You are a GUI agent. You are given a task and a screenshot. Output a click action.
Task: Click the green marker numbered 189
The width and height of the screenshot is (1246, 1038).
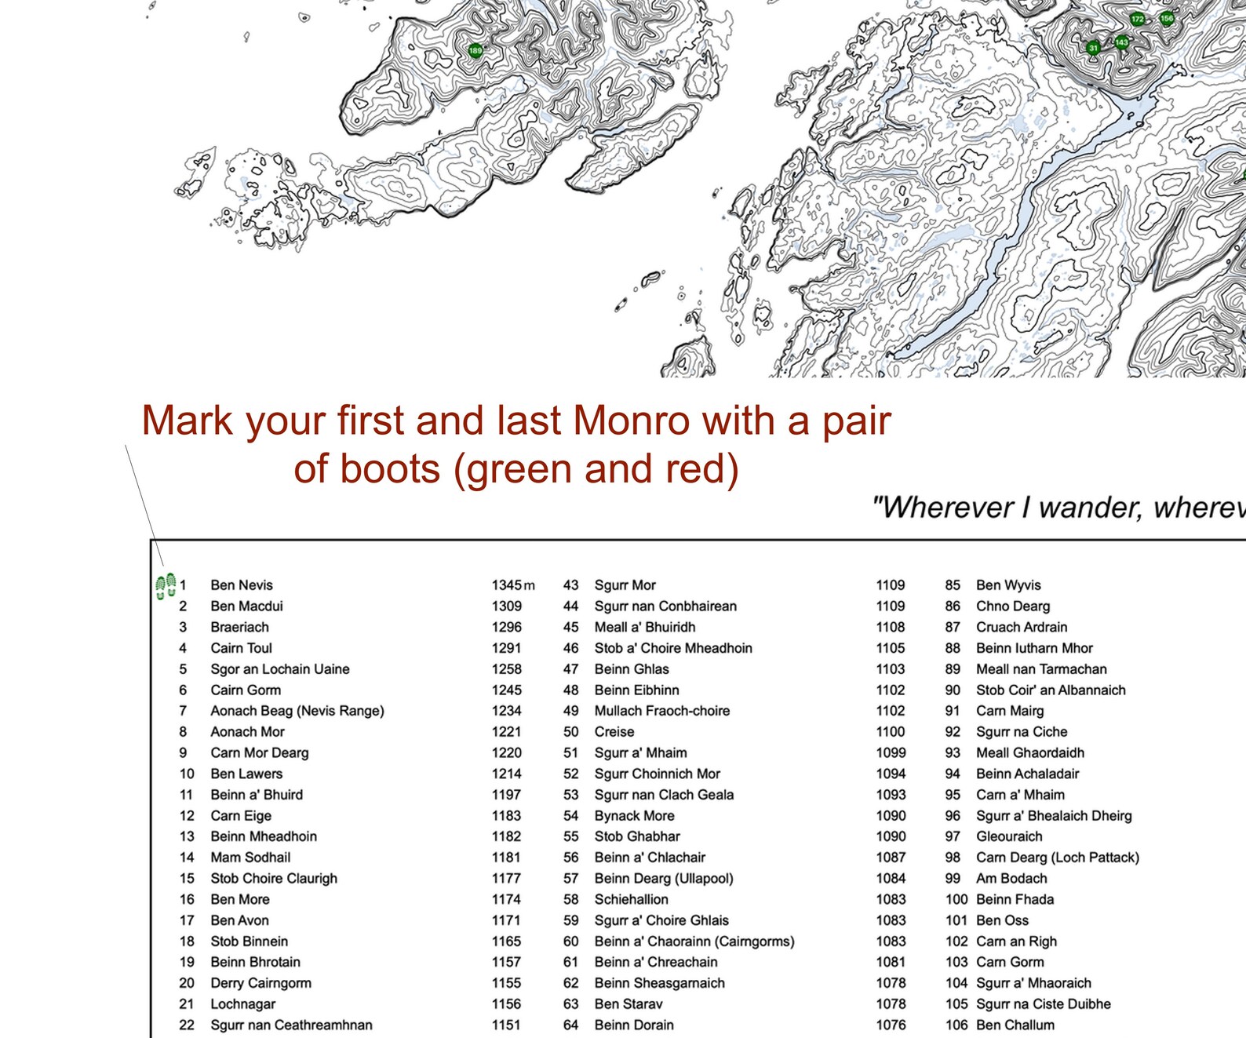pyautogui.click(x=475, y=51)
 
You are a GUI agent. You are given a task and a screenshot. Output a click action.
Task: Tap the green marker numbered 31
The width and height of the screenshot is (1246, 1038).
pyautogui.click(x=1094, y=48)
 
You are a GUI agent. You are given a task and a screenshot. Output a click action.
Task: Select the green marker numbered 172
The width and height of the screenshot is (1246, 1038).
pyautogui.click(x=1138, y=19)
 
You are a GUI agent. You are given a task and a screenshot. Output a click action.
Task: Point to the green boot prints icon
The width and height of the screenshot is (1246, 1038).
pyautogui.click(x=166, y=586)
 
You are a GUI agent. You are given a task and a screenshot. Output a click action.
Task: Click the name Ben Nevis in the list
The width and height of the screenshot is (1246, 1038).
pyautogui.click(x=242, y=585)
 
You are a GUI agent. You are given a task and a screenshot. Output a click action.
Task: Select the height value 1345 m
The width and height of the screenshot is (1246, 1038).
pyautogui.click(x=513, y=585)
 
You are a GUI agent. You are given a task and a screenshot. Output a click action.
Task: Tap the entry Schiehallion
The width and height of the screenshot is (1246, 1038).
pyautogui.click(x=631, y=899)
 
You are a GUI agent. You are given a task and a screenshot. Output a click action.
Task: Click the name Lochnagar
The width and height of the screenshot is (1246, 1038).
pyautogui.click(x=242, y=1004)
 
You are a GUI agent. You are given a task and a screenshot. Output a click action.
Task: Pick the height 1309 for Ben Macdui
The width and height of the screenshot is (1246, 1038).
pyautogui.click(x=506, y=606)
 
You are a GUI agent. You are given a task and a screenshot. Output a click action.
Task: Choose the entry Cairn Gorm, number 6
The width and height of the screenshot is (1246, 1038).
pyautogui.click(x=245, y=690)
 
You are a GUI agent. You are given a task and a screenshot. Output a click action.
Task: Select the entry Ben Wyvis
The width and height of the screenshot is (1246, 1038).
pyautogui.click(x=1008, y=585)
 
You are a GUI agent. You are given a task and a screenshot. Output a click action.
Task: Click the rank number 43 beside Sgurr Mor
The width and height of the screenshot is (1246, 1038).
pyautogui.click(x=570, y=585)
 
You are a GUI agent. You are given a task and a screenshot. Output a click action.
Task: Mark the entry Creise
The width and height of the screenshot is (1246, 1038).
pyautogui.click(x=614, y=732)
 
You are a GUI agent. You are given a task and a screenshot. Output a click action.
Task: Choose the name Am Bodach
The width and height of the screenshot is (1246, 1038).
pyautogui.click(x=1011, y=879)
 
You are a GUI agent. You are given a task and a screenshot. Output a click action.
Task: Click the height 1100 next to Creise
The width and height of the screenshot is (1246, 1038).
pyautogui.click(x=891, y=732)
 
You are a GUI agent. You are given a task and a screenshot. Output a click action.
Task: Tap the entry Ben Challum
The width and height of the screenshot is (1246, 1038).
pyautogui.click(x=1015, y=1025)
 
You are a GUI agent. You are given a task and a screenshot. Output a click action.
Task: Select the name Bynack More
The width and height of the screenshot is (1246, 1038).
pyautogui.click(x=634, y=816)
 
